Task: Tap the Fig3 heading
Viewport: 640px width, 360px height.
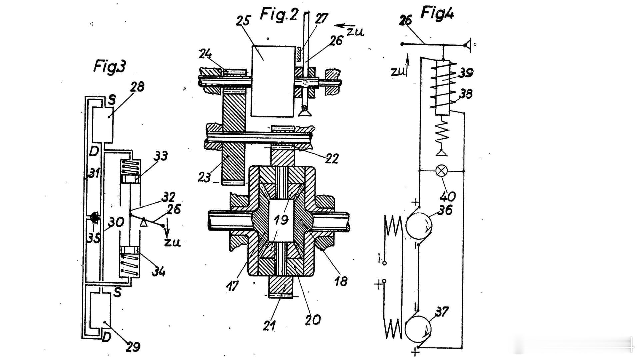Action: coord(110,66)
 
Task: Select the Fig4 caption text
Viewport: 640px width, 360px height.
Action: coord(437,13)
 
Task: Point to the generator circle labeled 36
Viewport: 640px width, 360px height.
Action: coord(419,226)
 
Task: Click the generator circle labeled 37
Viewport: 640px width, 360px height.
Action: coord(418,329)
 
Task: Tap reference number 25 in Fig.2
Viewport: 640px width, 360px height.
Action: coord(243,21)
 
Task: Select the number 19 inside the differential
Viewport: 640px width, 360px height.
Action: coord(281,220)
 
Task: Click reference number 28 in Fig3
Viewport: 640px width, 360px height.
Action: coord(137,87)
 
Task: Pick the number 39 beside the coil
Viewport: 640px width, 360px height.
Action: coord(466,73)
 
